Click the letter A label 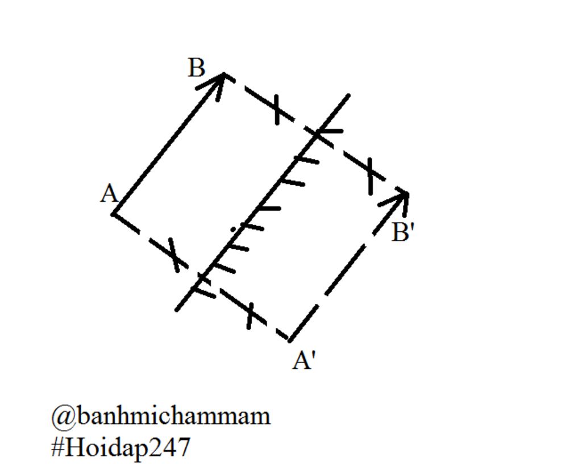(109, 194)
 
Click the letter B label (197, 68)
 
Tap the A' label (304, 360)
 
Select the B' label (403, 232)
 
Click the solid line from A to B (168, 144)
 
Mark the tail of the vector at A (113, 214)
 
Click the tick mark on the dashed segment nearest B (277, 110)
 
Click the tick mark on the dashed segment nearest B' (370, 176)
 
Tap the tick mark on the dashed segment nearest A (174, 255)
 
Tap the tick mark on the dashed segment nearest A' (250, 316)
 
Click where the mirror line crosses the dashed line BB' (316, 134)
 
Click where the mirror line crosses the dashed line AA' (201, 276)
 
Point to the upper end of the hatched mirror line (348, 95)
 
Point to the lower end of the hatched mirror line (177, 309)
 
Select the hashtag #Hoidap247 (120, 447)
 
